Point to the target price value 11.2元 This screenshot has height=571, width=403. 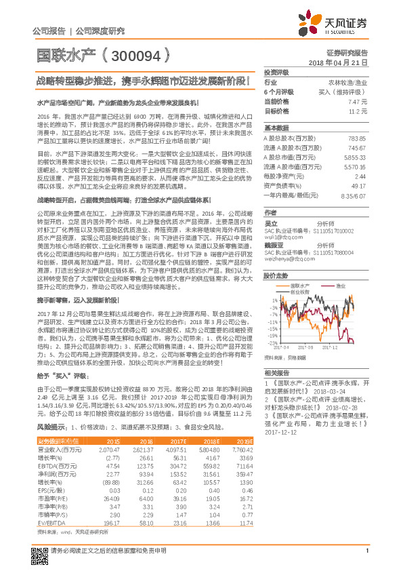pos(358,111)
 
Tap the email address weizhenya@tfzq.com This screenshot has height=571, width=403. pos(287,256)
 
